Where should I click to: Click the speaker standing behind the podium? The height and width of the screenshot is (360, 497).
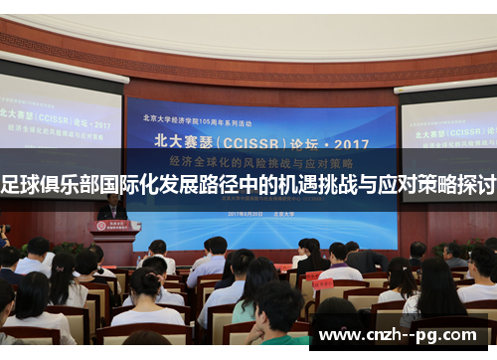click(112, 208)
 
